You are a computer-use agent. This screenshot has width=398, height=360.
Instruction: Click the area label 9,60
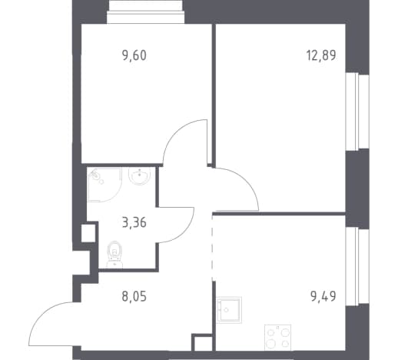point(134,55)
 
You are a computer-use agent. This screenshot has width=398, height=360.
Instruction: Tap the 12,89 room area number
point(321,55)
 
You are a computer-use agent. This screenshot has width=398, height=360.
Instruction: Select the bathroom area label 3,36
point(134,222)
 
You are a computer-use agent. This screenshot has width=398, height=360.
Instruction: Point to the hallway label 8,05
point(134,297)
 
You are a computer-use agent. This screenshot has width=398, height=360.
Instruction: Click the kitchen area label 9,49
point(323,297)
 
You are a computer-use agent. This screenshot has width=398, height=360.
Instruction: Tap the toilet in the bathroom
point(114,254)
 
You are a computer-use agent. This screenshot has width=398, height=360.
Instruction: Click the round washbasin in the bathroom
point(139,176)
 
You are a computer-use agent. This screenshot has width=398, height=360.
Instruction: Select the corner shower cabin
point(104,185)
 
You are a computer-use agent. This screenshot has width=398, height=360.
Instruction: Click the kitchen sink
point(229,310)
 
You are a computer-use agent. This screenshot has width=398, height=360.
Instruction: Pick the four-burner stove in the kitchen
point(277,338)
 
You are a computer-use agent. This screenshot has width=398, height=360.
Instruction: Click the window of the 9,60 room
point(145,12)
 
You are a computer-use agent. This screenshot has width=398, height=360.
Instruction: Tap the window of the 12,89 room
point(357,112)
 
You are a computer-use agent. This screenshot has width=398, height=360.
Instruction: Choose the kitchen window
point(357,266)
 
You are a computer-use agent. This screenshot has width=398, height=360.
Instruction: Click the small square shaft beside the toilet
point(88,233)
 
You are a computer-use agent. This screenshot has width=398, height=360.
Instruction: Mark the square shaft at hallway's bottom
point(202,343)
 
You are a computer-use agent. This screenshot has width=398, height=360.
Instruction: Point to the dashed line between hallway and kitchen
point(212,248)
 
